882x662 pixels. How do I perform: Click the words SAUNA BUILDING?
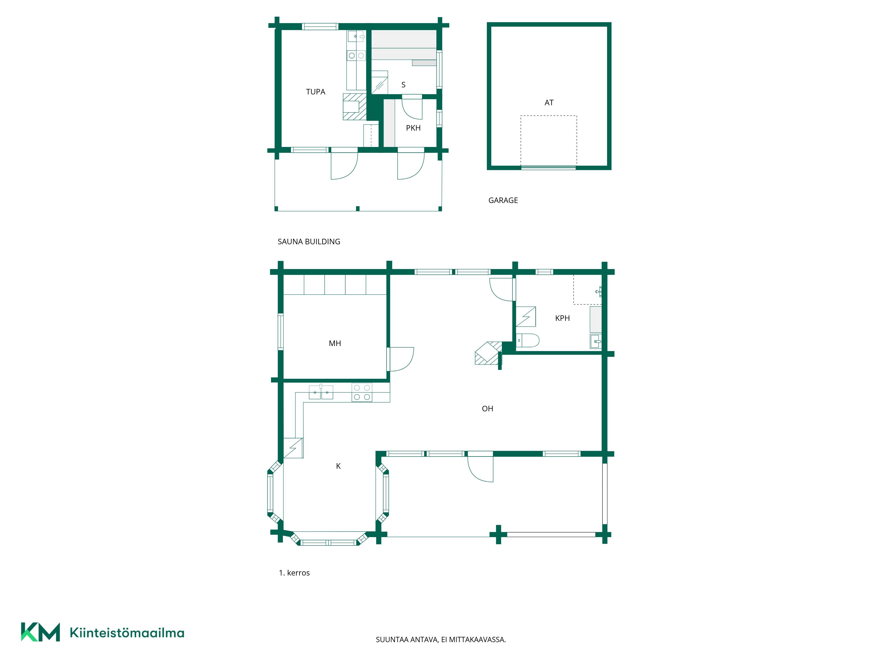[309, 241]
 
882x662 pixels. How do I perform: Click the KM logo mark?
[40, 632]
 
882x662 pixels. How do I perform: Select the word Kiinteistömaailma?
[127, 632]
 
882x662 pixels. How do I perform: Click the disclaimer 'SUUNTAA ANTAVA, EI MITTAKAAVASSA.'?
[441, 640]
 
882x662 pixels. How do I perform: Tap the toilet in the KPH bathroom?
[527, 340]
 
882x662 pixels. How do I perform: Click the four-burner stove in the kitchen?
[362, 392]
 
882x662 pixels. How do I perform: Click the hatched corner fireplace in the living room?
[488, 353]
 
